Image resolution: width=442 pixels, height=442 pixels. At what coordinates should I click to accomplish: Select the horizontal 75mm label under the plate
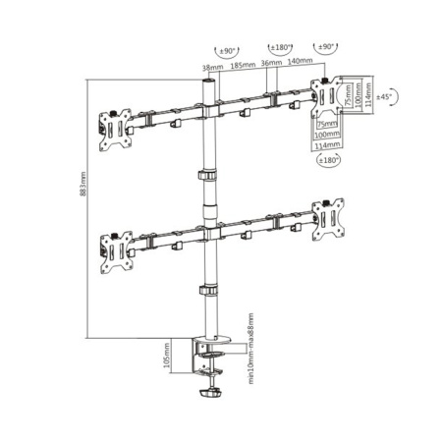click(323, 125)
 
